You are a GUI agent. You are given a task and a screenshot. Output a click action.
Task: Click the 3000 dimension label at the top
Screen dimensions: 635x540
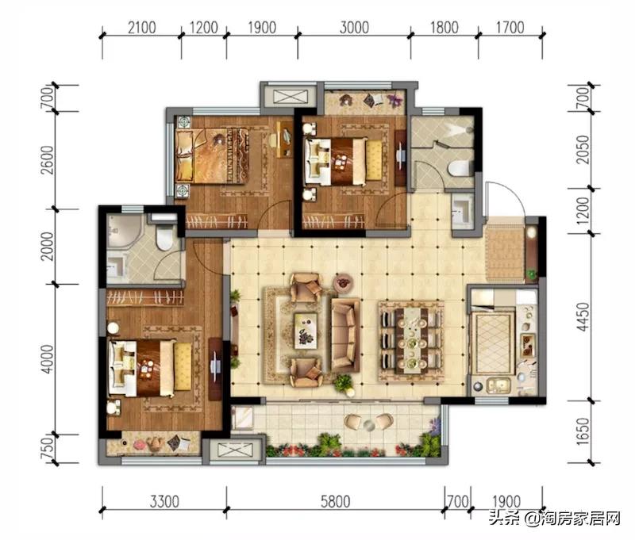[x=354, y=28]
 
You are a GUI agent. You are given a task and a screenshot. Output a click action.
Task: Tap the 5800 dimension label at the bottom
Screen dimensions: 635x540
[x=335, y=502]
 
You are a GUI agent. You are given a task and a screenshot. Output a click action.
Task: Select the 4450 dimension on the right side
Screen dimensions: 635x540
[x=583, y=316]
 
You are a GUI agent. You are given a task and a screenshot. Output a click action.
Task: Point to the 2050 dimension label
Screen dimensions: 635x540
[x=583, y=150]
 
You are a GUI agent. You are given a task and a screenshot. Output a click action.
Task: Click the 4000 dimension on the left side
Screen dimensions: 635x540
[x=48, y=359]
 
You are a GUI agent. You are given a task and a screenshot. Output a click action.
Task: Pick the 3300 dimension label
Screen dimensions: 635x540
[x=164, y=502]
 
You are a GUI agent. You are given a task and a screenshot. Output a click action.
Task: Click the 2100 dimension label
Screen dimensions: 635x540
[x=142, y=28]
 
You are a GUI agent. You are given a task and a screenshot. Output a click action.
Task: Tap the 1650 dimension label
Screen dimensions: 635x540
[x=583, y=431]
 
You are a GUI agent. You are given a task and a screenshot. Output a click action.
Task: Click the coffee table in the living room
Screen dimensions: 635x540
[x=306, y=330]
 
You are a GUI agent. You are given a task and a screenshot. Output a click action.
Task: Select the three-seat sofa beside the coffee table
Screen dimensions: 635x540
[x=345, y=335]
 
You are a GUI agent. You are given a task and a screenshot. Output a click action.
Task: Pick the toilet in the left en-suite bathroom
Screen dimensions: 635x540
[x=164, y=238]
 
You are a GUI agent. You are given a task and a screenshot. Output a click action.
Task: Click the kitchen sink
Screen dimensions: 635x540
[x=498, y=385]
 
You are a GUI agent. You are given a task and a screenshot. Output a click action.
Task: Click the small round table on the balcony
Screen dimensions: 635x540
[x=368, y=425]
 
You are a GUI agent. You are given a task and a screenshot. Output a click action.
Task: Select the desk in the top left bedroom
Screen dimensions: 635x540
[x=284, y=140]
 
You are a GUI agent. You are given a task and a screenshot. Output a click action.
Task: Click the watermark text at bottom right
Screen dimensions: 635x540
[x=554, y=518]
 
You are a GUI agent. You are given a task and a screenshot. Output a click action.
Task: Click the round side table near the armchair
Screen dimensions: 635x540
[x=343, y=281]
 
